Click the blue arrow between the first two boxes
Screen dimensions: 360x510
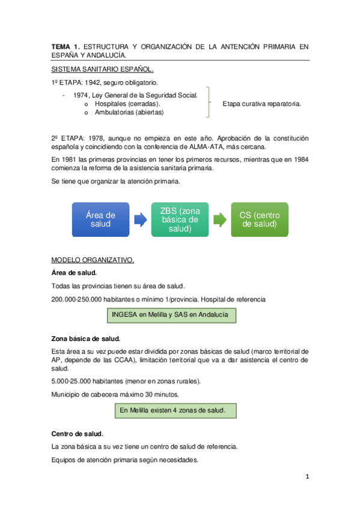(x=140, y=220)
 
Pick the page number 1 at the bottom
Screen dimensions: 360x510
(x=307, y=477)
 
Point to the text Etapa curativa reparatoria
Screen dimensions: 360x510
(x=261, y=103)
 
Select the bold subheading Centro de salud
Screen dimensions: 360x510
(x=78, y=434)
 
